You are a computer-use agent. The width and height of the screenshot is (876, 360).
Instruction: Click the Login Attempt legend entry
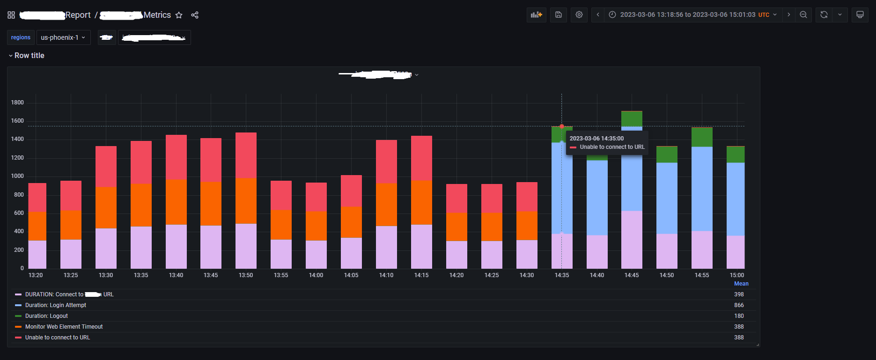pyautogui.click(x=55, y=305)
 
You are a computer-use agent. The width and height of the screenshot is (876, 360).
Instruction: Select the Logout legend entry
pyautogui.click(x=46, y=316)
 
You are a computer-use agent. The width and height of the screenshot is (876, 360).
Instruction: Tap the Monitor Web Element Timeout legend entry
pyautogui.click(x=64, y=327)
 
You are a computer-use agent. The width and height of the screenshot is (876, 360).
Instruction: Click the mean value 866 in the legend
pyautogui.click(x=739, y=305)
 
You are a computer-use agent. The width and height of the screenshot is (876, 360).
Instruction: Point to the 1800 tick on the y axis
pyautogui.click(x=17, y=103)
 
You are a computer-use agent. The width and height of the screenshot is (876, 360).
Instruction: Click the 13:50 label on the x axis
pyautogui.click(x=246, y=275)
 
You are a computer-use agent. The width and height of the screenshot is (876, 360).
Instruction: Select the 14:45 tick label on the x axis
pyautogui.click(x=632, y=275)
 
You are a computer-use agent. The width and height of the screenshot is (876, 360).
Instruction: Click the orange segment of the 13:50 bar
pyautogui.click(x=246, y=201)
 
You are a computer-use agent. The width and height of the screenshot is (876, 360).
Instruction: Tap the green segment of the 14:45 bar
pyautogui.click(x=632, y=118)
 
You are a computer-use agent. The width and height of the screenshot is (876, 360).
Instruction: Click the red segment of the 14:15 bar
pyautogui.click(x=421, y=158)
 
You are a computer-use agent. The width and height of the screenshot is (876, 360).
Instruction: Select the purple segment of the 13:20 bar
pyautogui.click(x=37, y=254)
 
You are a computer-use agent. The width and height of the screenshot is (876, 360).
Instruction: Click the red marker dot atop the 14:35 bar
pyautogui.click(x=562, y=126)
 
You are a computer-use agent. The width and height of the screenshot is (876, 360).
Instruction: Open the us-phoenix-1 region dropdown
pyautogui.click(x=63, y=37)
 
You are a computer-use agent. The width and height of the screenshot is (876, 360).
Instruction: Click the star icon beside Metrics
pyautogui.click(x=179, y=15)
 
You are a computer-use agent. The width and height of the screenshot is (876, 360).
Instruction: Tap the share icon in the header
pyautogui.click(x=195, y=15)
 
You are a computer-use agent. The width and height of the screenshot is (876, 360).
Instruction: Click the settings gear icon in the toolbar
pyautogui.click(x=579, y=15)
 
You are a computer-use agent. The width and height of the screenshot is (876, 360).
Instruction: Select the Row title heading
pyautogui.click(x=29, y=55)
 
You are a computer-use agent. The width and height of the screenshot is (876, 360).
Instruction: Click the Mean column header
pyautogui.click(x=741, y=284)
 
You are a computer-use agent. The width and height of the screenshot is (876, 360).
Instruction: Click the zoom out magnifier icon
pyautogui.click(x=803, y=15)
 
